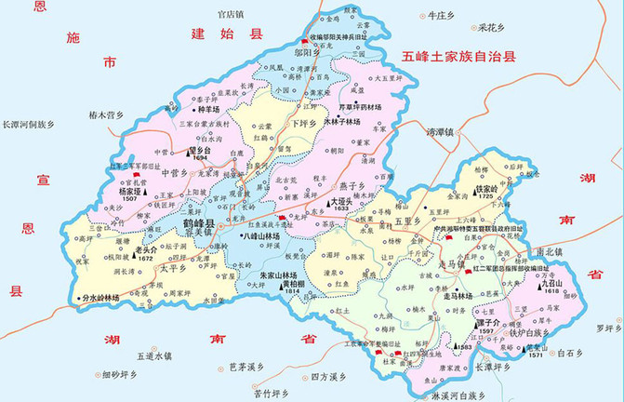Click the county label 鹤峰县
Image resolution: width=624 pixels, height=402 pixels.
pyautogui.click(x=198, y=225)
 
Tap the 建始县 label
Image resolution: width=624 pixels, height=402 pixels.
pyautogui.click(x=216, y=34)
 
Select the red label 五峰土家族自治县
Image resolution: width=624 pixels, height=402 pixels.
pyautogui.click(x=458, y=58)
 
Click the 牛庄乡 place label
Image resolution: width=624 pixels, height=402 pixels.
pyautogui.click(x=439, y=16)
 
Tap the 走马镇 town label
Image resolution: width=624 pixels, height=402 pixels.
pyautogui.click(x=450, y=264)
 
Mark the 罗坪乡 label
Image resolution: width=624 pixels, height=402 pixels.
pyautogui.click(x=608, y=328)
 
